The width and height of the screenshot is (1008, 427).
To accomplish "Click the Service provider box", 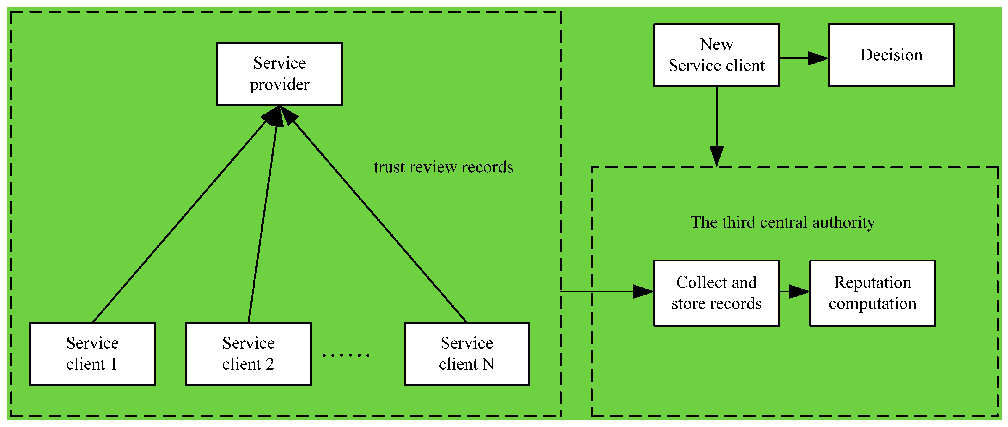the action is click(x=279, y=74).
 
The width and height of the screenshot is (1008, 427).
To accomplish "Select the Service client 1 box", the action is click(x=92, y=354).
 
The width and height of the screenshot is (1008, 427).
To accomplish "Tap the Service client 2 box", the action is click(x=248, y=354).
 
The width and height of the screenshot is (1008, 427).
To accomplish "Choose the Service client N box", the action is click(x=467, y=354).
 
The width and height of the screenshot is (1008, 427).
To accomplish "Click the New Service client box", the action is click(x=716, y=55).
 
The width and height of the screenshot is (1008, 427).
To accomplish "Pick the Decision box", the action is click(x=891, y=55).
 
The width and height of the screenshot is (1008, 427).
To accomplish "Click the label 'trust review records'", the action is click(x=443, y=167).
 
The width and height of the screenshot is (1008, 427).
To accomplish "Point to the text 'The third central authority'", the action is click(x=783, y=222).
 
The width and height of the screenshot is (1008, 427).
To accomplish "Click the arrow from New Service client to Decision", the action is click(x=804, y=58).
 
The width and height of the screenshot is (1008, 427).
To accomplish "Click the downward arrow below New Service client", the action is click(x=716, y=127).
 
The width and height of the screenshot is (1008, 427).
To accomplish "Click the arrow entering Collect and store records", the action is click(x=607, y=291).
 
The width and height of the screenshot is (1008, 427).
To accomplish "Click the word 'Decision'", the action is click(x=891, y=55).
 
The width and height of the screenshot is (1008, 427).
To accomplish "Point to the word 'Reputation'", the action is click(x=873, y=282).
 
